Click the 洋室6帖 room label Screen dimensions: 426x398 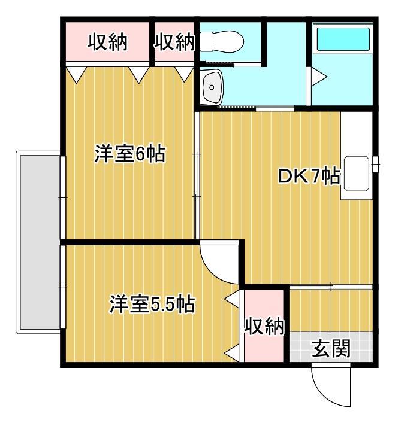(129, 154)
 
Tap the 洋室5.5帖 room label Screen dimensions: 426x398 (151, 305)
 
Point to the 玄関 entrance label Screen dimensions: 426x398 (331, 348)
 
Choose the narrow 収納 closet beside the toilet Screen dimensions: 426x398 (174, 42)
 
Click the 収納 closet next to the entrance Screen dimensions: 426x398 (263, 326)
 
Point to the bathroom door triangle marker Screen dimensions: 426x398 (317, 77)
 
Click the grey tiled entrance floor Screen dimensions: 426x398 (331, 348)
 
